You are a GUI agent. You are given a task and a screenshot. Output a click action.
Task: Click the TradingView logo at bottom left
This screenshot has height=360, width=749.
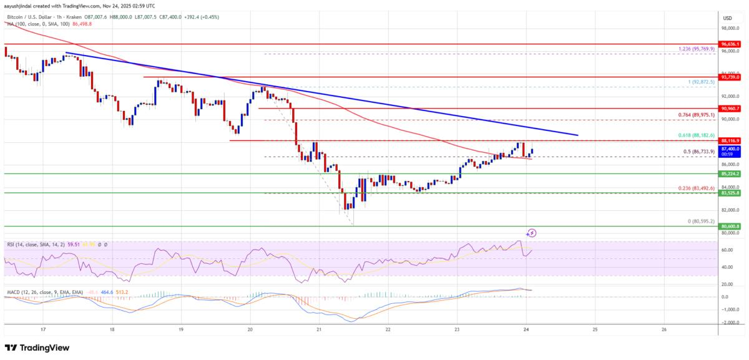coord(37,348)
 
